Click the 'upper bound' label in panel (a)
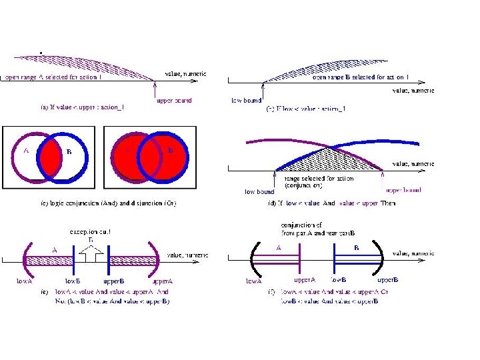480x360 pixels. (174, 101)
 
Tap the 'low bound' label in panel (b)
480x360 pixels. (246, 101)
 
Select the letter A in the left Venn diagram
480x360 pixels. (25, 151)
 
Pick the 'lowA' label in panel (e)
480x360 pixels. (25, 281)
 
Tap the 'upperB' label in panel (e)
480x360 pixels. (113, 281)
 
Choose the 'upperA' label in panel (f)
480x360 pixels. (304, 280)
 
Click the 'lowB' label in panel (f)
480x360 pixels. (339, 280)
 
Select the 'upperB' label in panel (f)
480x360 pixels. (388, 280)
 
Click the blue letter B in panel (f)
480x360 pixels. (357, 247)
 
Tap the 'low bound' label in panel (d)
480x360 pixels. (259, 191)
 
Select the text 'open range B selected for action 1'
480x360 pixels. (361, 77)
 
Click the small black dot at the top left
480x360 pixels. (41, 52)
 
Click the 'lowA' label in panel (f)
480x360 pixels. (253, 281)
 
